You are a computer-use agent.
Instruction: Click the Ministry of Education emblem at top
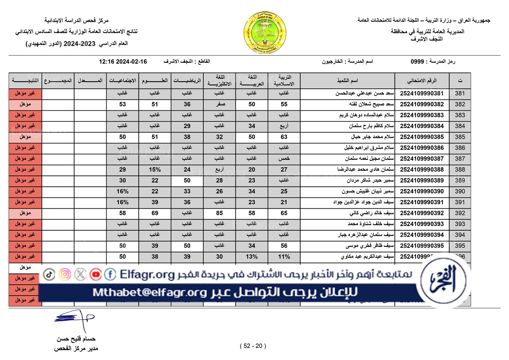tap(265, 32)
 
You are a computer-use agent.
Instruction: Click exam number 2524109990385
tap(422, 137)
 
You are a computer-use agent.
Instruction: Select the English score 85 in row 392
tap(220, 213)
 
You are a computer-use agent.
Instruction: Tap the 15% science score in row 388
tap(155, 170)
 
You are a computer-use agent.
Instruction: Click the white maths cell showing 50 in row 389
tap(187, 181)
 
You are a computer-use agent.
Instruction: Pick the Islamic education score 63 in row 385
tap(284, 137)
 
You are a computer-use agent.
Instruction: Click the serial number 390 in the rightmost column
tap(460, 191)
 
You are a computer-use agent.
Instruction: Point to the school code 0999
tap(417, 61)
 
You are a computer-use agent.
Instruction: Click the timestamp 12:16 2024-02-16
tap(123, 62)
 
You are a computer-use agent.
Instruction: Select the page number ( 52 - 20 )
tap(253, 346)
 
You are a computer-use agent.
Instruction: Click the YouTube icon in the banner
tap(95, 274)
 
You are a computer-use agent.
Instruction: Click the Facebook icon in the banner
tap(110, 274)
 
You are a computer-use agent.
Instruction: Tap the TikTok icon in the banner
tap(49, 274)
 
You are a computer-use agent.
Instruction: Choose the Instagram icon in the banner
tap(65, 274)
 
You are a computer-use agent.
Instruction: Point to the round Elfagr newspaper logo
tap(443, 281)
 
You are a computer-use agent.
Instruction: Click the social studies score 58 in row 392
tap(122, 213)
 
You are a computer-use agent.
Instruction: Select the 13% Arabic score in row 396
tap(252, 257)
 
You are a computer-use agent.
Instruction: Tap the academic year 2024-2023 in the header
tap(80, 44)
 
